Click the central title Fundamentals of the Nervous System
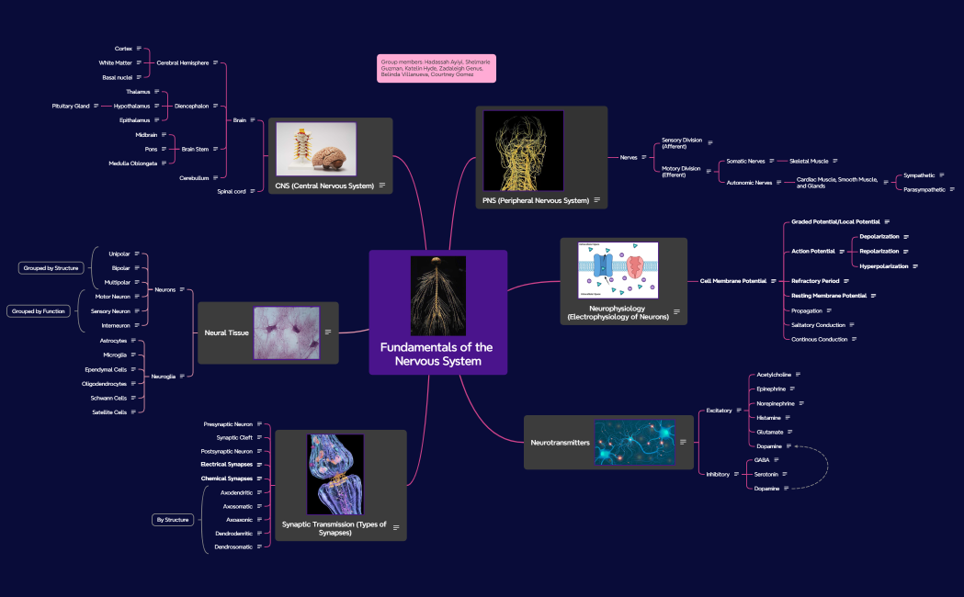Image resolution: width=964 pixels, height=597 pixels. tap(437, 354)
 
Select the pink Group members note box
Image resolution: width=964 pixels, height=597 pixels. tap(436, 68)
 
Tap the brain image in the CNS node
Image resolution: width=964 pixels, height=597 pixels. tap(315, 150)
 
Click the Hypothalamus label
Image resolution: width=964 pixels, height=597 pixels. tap(131, 106)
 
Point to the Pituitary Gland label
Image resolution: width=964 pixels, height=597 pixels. tap(71, 106)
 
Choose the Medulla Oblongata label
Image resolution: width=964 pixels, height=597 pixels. tap(132, 163)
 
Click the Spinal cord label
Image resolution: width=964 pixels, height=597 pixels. tap(231, 191)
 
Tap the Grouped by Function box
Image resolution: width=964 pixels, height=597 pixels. tap(39, 311)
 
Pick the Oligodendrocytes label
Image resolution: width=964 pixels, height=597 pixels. tap(104, 384)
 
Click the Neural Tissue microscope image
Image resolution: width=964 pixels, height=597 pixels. tap(286, 332)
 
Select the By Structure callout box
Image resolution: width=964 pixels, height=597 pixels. tap(173, 520)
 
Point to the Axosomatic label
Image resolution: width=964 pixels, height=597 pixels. tap(237, 506)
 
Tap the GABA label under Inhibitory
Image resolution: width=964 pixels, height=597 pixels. tap(762, 459)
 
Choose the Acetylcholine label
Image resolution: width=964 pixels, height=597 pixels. tap(772, 375)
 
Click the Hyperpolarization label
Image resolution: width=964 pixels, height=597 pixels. tap(883, 266)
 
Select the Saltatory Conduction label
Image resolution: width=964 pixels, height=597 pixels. tap(818, 325)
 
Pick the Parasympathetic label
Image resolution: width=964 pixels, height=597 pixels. tap(924, 189)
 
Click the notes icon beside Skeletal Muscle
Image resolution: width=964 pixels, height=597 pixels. tap(837, 161)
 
